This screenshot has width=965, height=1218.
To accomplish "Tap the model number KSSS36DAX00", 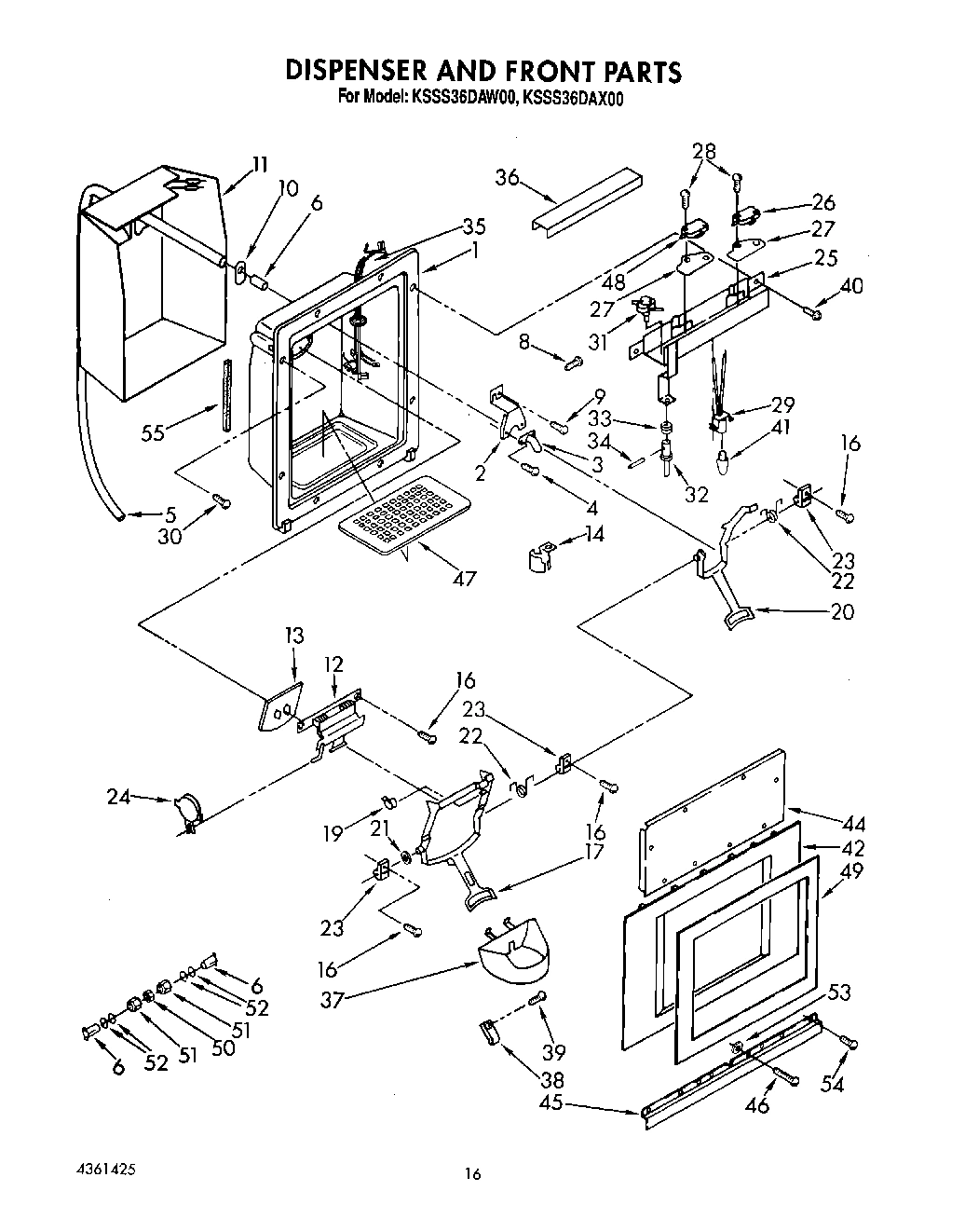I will pyautogui.click(x=570, y=97).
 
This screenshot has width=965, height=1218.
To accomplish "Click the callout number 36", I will pyautogui.click(x=507, y=177).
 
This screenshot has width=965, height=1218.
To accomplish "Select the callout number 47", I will pyautogui.click(x=463, y=578).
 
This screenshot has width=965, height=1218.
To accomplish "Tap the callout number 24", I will pyautogui.click(x=118, y=796).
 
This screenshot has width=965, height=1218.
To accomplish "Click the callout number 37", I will pyautogui.click(x=333, y=1000).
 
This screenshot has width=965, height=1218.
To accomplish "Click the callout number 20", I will pyautogui.click(x=840, y=612).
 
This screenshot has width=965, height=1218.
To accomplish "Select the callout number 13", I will pyautogui.click(x=294, y=636).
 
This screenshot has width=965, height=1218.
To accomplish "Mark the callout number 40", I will pyautogui.click(x=851, y=285).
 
